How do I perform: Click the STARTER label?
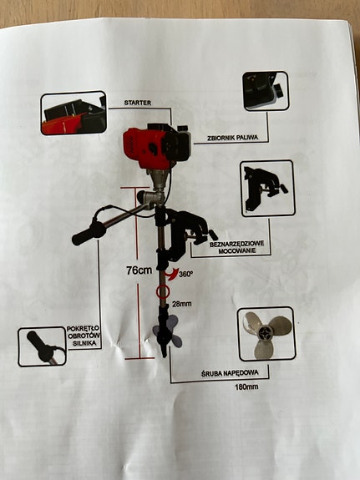coord(138,103)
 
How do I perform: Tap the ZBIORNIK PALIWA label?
coord(232,138)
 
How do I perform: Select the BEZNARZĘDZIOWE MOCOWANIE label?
coord(237,247)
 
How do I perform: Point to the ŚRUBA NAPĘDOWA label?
coord(230,373)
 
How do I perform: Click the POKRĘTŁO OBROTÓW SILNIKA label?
coord(83,336)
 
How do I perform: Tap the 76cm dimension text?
coord(139,270)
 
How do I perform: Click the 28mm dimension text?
coord(182,304)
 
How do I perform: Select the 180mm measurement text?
coord(246,387)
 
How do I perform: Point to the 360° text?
coord(186,273)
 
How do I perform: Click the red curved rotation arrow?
coord(171,273)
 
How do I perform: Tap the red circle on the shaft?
coord(162,292)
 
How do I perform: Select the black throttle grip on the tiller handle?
coord(89,233)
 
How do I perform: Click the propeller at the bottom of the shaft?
coord(167,332)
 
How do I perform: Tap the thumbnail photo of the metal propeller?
coord(266,334)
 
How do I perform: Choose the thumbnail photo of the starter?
coord(74,114)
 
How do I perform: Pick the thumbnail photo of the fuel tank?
coord(266,91)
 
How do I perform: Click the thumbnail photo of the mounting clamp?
coord(267,189)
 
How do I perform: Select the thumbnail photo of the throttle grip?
coord(43,346)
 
